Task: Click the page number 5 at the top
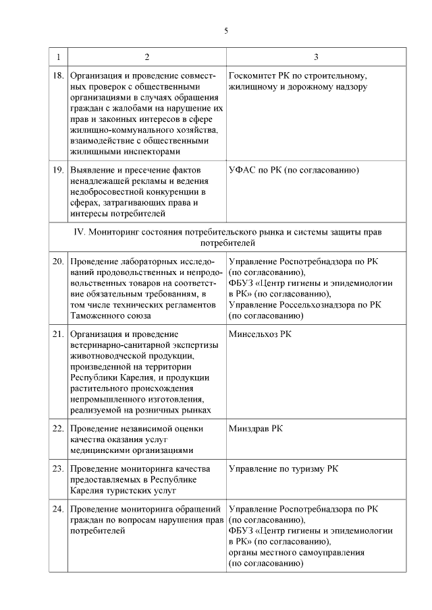(227, 30)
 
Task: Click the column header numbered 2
(146, 56)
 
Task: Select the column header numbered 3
(316, 56)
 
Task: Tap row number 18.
(58, 76)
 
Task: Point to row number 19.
(58, 171)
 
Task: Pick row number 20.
(58, 261)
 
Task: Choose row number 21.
(58, 334)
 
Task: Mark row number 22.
(58, 428)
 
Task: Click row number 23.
(58, 468)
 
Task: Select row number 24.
(58, 509)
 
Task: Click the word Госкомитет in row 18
(255, 76)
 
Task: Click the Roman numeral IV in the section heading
(78, 232)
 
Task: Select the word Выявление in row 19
(92, 171)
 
